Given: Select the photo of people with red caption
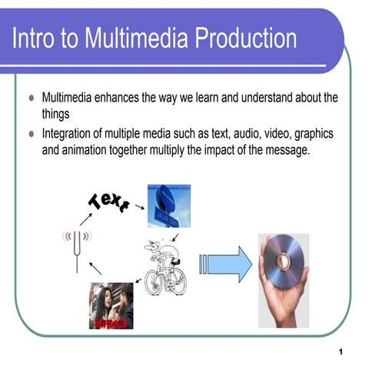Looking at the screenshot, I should click(111, 306).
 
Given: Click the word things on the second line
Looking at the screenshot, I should click(55, 114).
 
